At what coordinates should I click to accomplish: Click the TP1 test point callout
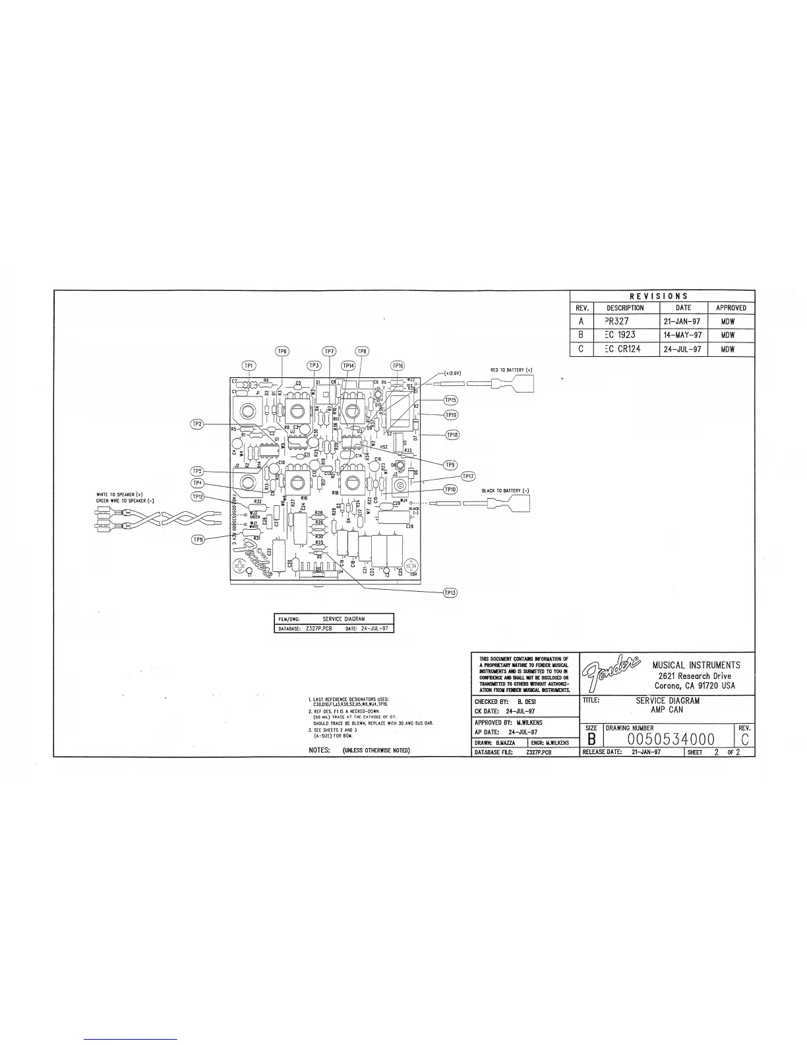pyautogui.click(x=249, y=365)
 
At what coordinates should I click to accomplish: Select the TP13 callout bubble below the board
pyautogui.click(x=450, y=592)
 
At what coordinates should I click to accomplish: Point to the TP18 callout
pyautogui.click(x=452, y=435)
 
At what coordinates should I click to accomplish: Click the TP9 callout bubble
pyautogui.click(x=450, y=464)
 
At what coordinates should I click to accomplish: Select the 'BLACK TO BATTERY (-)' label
pyautogui.click(x=506, y=491)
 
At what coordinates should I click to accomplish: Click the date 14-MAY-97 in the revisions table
pyautogui.click(x=684, y=335)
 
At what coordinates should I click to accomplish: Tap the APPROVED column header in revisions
pyautogui.click(x=731, y=308)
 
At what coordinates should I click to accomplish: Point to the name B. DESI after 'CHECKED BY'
pyautogui.click(x=525, y=702)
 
